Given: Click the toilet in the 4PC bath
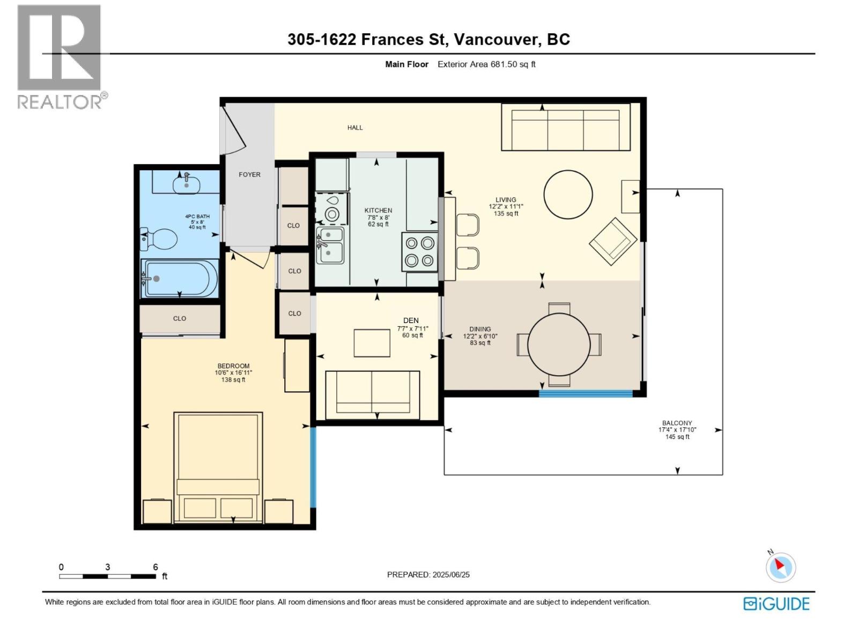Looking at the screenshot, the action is (159, 239).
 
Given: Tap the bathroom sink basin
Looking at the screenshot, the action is (186, 185).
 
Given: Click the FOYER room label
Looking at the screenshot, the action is (249, 174).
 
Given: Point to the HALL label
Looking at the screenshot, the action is (355, 128).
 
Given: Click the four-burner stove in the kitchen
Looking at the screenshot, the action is (419, 252).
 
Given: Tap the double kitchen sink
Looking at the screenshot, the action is (330, 245).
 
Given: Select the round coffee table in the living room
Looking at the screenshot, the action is (567, 194).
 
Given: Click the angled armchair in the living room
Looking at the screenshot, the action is (613, 241).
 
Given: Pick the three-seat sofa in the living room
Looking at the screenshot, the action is (566, 127).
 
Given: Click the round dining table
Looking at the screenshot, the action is (559, 345).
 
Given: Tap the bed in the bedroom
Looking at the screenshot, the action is (218, 467).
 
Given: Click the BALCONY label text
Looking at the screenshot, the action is (677, 423).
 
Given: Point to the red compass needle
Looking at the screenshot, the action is (779, 564).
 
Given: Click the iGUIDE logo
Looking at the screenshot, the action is (776, 603).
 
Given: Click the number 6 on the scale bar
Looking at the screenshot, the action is (155, 567).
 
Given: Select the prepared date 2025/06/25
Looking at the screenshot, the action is (451, 574).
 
